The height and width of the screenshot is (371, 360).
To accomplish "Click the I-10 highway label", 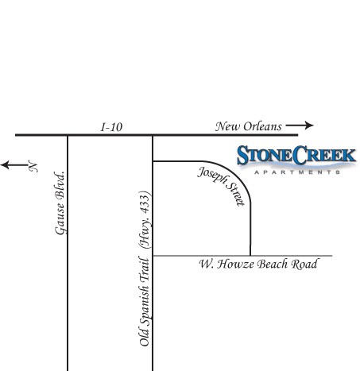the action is pos(111,127).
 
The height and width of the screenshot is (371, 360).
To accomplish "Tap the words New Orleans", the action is pos(248,126).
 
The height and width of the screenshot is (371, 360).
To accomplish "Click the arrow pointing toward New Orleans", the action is pos(300,126).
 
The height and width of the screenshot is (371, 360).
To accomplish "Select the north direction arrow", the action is pos(15,165).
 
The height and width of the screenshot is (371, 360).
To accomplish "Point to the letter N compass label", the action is pos(33,166).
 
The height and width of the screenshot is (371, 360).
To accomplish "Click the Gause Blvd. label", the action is pos(60,203).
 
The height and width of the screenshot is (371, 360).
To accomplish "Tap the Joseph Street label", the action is pos(222,185).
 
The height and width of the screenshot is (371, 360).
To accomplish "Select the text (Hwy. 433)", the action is pos(145,219).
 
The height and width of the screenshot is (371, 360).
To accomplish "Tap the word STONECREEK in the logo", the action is pos(296,155).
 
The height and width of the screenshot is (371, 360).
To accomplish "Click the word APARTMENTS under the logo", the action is pos(297,172).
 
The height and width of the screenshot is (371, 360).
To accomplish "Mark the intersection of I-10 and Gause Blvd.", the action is pos(68,135).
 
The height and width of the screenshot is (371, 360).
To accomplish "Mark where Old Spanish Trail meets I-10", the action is pos(153,135).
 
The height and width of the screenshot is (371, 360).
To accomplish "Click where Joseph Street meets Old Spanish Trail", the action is pos(153,161).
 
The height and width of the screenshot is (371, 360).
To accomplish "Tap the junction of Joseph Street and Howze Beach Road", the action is pos(250,256).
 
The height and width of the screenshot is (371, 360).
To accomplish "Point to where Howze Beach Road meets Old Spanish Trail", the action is pos(153,256).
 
